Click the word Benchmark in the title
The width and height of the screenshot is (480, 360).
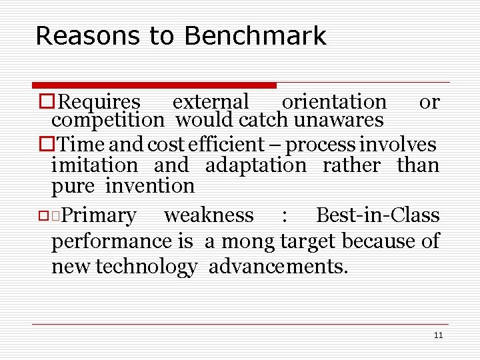(255, 36)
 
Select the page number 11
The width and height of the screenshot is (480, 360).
(438, 335)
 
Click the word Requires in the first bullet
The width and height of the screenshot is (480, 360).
(99, 102)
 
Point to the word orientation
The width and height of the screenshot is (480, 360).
(334, 102)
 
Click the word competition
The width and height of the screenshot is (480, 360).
(107, 120)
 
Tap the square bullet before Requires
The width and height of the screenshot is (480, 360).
(45, 102)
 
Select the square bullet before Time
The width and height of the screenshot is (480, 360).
(45, 144)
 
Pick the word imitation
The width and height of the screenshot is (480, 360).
(95, 165)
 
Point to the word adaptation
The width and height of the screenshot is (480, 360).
(256, 165)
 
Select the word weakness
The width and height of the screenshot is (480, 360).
(209, 216)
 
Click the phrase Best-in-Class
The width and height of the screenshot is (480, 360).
(377, 216)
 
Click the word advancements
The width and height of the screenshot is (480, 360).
(278, 267)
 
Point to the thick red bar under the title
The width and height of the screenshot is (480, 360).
(154, 85)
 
